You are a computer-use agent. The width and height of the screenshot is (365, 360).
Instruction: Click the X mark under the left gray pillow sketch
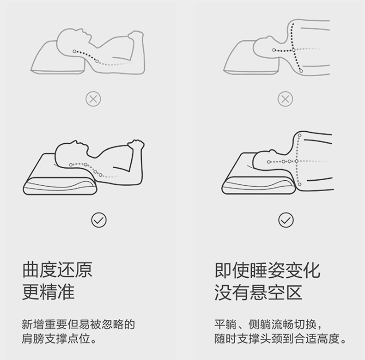[93, 99]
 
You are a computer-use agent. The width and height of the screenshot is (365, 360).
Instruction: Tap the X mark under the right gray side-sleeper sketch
[285, 99]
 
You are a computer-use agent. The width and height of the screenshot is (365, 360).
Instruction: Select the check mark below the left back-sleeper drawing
[99, 220]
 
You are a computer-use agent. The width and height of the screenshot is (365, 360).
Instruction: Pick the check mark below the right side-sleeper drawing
[286, 220]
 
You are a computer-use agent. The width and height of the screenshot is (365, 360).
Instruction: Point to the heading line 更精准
[49, 292]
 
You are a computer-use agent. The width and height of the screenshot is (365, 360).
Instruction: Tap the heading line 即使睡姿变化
[267, 270]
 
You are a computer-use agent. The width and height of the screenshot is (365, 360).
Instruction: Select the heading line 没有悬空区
[258, 292]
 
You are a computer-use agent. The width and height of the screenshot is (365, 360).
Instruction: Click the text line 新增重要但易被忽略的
[78, 324]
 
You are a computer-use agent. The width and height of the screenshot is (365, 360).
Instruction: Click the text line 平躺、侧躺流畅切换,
[268, 324]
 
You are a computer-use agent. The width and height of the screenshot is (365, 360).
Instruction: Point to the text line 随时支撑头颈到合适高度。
[280, 339]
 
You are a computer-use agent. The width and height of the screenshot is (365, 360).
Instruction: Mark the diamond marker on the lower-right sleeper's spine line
[297, 161]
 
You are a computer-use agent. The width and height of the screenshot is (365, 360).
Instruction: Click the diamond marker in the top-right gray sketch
[294, 50]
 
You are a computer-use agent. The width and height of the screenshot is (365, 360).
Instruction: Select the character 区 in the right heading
[294, 292]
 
